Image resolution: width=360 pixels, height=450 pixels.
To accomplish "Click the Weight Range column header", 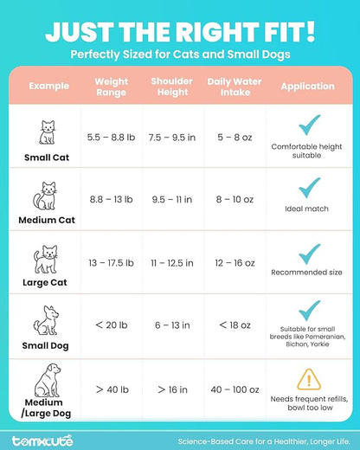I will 110,87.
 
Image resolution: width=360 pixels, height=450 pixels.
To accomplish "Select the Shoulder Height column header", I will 171,87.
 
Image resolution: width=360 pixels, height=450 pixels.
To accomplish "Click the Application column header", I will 307,87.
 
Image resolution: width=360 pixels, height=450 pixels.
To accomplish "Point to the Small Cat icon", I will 48,132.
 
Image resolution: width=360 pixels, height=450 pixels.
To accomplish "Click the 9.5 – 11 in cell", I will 171,199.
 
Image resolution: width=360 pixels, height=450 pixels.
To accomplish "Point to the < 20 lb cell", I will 110,324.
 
